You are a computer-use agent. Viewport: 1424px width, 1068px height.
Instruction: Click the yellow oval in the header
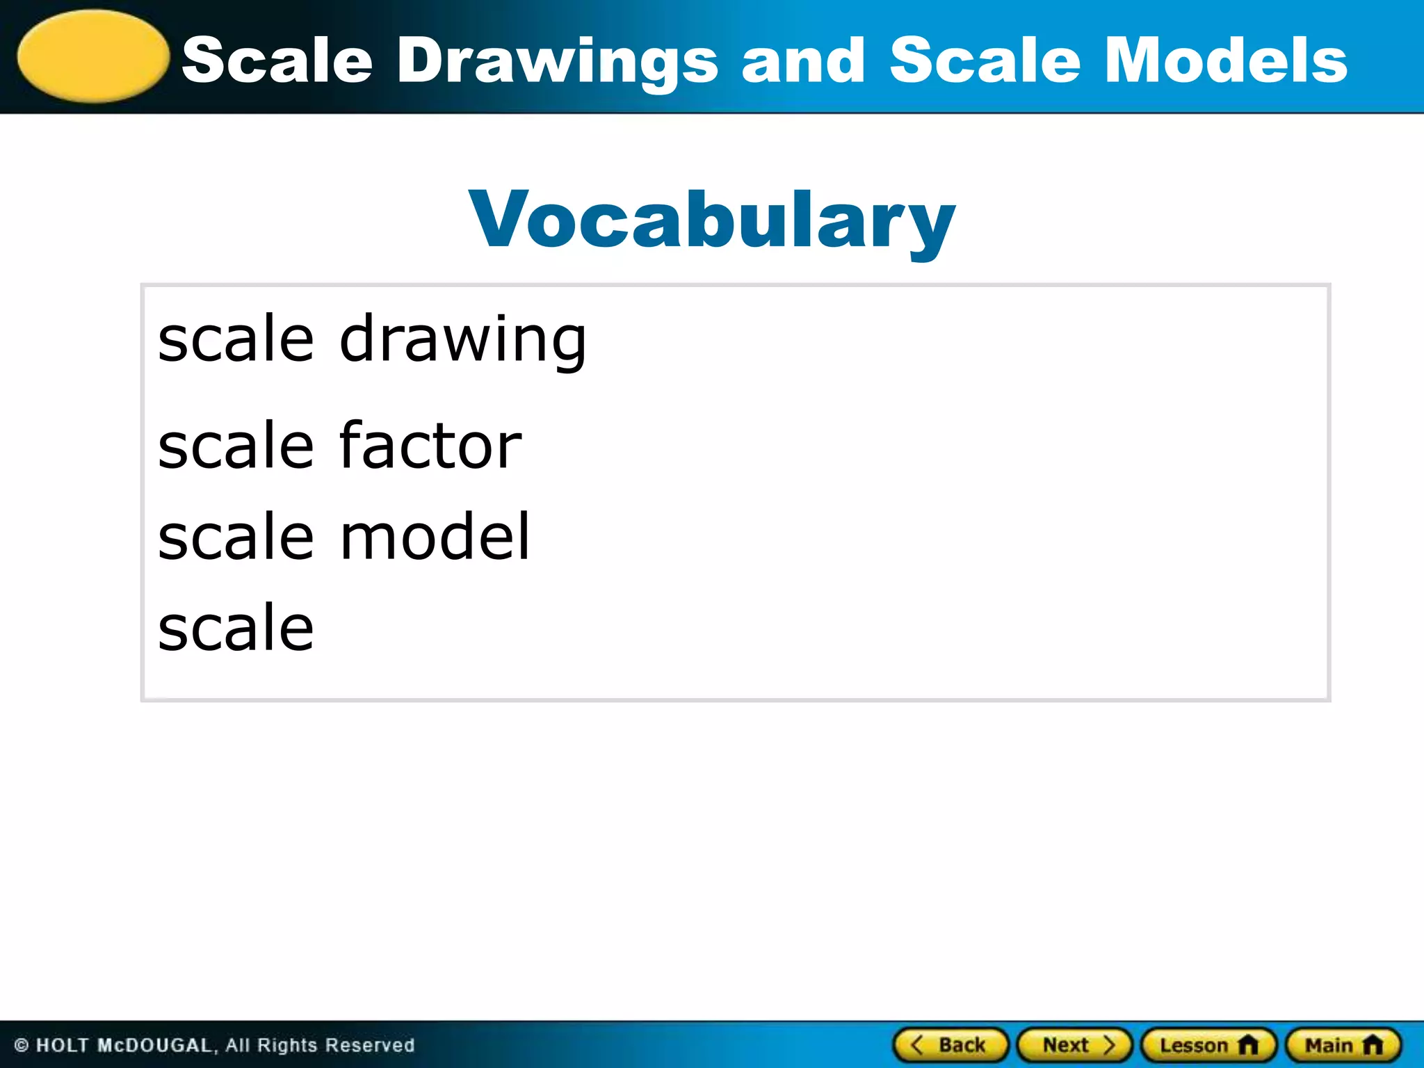[x=93, y=56]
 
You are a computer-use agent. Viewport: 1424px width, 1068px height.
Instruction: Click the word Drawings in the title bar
[x=557, y=61]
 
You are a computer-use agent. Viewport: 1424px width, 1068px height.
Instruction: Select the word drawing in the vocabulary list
[x=462, y=340]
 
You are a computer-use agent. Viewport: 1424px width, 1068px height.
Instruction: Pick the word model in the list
[x=435, y=536]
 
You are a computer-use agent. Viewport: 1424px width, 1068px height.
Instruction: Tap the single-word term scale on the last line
[x=236, y=627]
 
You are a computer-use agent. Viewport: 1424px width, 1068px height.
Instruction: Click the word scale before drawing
[x=236, y=339]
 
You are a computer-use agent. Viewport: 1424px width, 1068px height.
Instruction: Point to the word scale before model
[x=236, y=536]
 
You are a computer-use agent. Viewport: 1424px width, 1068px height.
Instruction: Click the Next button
[x=1075, y=1045]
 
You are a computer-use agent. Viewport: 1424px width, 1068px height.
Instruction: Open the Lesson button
[x=1208, y=1045]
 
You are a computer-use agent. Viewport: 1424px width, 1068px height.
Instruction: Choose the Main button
[x=1343, y=1045]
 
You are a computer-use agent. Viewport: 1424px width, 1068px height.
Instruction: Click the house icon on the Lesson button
[x=1249, y=1044]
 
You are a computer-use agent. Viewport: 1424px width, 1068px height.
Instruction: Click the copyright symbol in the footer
[x=22, y=1045]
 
